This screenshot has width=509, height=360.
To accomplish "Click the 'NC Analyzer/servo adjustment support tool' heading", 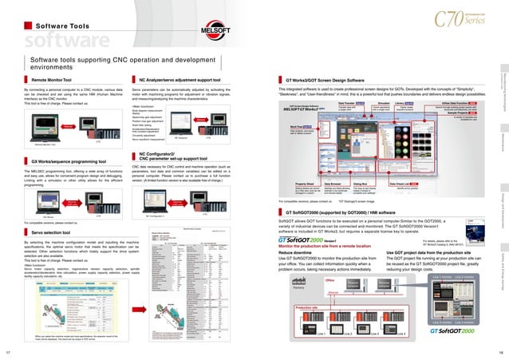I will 180,81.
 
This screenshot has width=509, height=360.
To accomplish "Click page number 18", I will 502,351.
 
